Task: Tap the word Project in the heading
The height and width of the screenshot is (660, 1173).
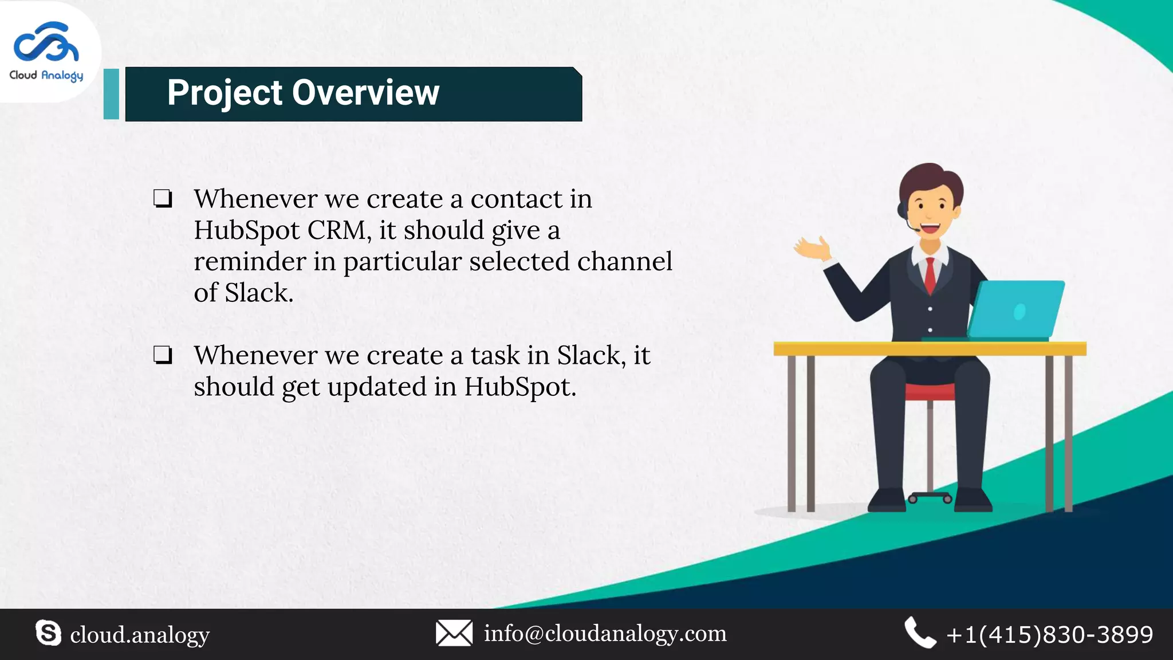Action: (x=225, y=93)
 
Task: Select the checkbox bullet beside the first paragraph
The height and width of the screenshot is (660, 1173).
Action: (x=163, y=199)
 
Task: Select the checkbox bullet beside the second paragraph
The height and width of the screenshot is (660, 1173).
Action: (x=163, y=355)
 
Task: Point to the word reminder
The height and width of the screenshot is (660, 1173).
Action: (x=250, y=262)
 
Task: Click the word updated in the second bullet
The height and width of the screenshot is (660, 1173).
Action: (x=376, y=387)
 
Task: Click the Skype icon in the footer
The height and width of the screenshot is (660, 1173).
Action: (x=48, y=633)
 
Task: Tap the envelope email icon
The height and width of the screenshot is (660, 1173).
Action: (x=454, y=633)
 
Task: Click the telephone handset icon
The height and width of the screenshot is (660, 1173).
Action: (x=920, y=633)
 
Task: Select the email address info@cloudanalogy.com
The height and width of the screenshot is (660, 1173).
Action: (x=605, y=634)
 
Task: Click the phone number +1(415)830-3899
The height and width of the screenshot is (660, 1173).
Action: (x=1049, y=635)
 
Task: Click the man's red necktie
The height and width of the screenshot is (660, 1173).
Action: (x=930, y=275)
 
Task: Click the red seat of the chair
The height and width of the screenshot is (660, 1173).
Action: (x=930, y=392)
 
